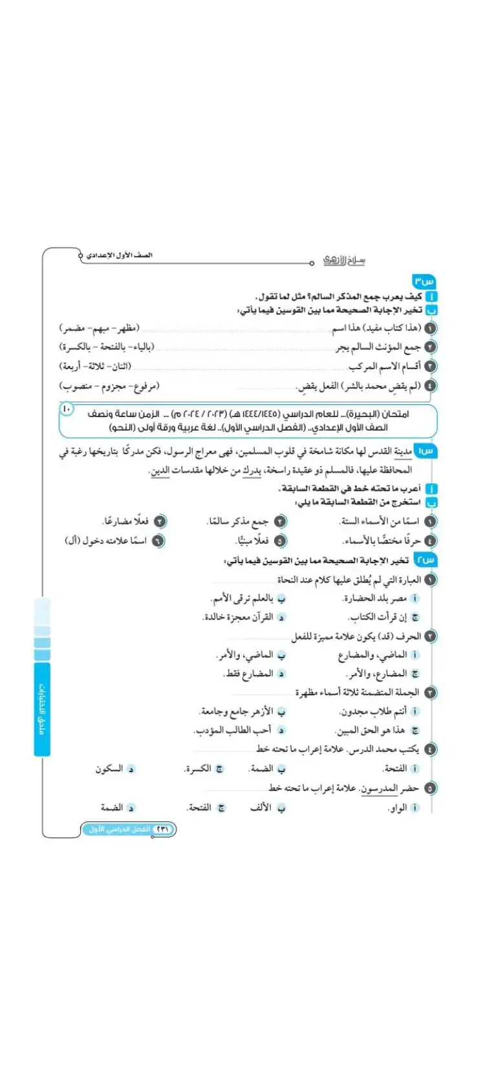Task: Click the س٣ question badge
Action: pyautogui.click(x=424, y=282)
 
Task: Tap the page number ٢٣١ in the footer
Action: pyautogui.click(x=162, y=829)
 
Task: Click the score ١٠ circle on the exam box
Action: pyautogui.click(x=67, y=409)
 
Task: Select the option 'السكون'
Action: pyautogui.click(x=109, y=769)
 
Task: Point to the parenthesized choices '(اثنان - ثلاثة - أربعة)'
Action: pyautogui.click(x=95, y=367)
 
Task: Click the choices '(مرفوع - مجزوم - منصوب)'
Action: pyautogui.click(x=109, y=386)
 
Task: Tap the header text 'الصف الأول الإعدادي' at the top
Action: pyautogui.click(x=120, y=255)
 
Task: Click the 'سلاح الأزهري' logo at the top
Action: pyautogui.click(x=344, y=260)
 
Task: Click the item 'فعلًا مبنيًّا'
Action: pyautogui.click(x=252, y=541)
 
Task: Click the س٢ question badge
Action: pyautogui.click(x=426, y=560)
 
